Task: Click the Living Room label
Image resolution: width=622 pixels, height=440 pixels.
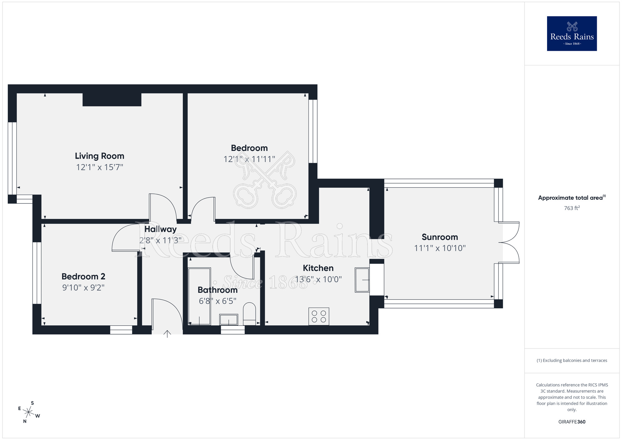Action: pyautogui.click(x=100, y=156)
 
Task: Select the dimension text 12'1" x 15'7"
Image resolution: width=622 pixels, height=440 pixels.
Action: pyautogui.click(x=100, y=167)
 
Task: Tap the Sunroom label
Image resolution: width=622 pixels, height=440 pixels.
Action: pyautogui.click(x=440, y=237)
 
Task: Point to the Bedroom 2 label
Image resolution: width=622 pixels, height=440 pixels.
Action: pyautogui.click(x=83, y=276)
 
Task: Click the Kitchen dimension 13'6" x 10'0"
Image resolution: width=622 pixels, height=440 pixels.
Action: pyautogui.click(x=318, y=279)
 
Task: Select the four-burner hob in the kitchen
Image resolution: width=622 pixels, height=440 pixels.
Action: pyautogui.click(x=319, y=316)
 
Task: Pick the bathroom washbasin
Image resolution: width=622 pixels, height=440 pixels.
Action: pyautogui.click(x=229, y=320)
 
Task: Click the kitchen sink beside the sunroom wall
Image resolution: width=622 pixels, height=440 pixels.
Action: pyautogui.click(x=362, y=280)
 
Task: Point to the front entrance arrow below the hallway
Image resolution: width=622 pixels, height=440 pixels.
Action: pyautogui.click(x=167, y=334)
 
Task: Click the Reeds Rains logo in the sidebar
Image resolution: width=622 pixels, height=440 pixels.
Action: pyautogui.click(x=572, y=34)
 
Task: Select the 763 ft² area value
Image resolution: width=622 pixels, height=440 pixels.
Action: pyautogui.click(x=572, y=208)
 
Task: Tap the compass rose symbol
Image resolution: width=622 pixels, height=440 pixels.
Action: pyautogui.click(x=29, y=413)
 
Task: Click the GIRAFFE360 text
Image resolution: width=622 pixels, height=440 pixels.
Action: pyautogui.click(x=572, y=422)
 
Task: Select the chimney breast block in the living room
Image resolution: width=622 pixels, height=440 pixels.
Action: pyautogui.click(x=112, y=100)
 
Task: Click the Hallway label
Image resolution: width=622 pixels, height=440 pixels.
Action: pyautogui.click(x=160, y=229)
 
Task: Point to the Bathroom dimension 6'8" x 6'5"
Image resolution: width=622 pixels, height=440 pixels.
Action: pyautogui.click(x=217, y=301)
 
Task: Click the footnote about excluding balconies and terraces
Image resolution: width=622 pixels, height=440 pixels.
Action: pyautogui.click(x=572, y=360)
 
